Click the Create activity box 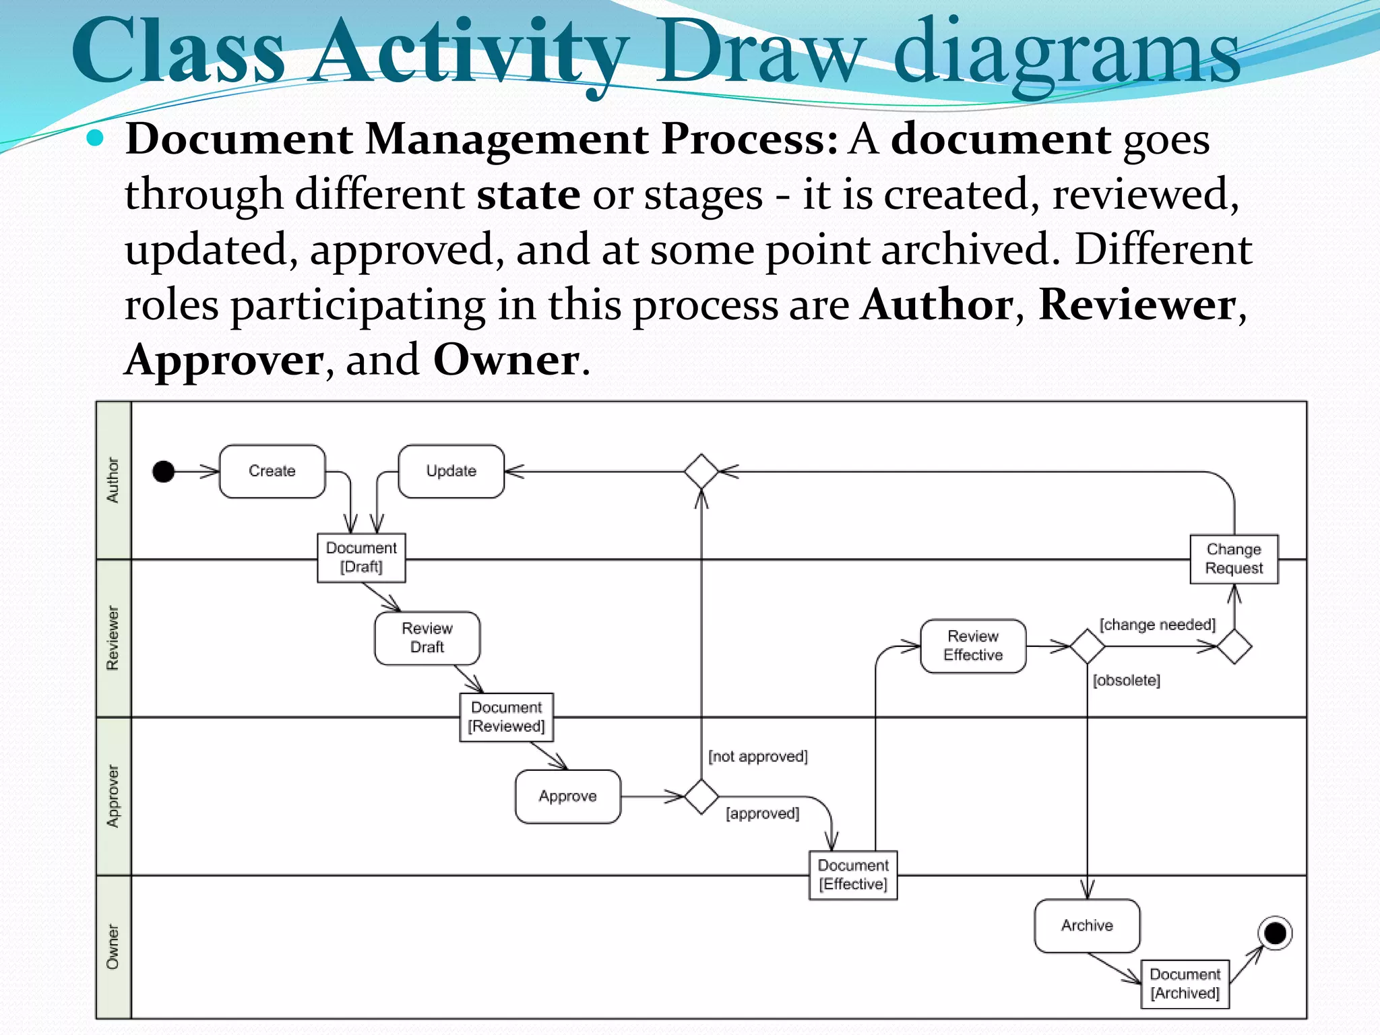pos(272,471)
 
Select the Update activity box pos(451,471)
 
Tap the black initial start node pos(164,471)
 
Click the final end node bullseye pos(1274,933)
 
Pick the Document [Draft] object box pos(361,557)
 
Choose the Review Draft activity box pos(427,637)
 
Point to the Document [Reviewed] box pos(507,717)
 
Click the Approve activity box pos(567,796)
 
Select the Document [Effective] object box pos(853,875)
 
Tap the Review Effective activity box pos(973,646)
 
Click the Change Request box pos(1234,559)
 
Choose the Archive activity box pos(1087,925)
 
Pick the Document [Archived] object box pos(1185,984)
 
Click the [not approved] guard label pos(757,757)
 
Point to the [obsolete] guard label pos(1126,681)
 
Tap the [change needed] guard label pos(1158,625)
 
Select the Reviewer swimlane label pos(113,638)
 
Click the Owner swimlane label pos(113,947)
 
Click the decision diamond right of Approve pos(701,796)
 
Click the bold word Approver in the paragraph pos(224,360)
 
